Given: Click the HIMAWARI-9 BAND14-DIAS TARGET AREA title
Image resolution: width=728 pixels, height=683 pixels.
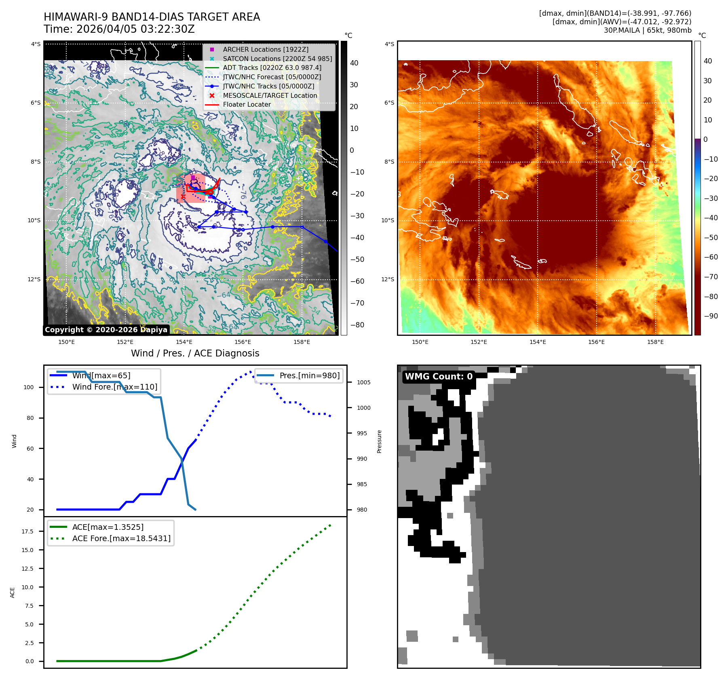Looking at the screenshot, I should (x=152, y=17).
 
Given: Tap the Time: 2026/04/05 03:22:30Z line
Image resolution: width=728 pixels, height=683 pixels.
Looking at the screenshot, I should (x=119, y=30).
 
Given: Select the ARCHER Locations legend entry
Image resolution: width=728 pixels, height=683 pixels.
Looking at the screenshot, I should (x=265, y=49).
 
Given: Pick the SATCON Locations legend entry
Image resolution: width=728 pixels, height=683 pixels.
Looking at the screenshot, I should (x=277, y=59).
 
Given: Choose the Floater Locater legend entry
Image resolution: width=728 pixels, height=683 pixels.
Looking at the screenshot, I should (x=247, y=104).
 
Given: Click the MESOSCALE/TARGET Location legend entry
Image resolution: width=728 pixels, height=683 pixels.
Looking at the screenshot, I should (x=270, y=95).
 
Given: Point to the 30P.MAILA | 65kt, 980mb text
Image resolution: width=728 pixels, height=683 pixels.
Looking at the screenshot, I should (x=647, y=30).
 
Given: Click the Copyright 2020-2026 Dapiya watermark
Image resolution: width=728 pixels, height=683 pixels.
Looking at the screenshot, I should (x=106, y=330).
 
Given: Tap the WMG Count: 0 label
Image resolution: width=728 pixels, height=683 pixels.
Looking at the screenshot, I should (x=439, y=377).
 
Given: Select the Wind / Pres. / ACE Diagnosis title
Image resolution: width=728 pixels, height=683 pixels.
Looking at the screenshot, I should (x=195, y=353).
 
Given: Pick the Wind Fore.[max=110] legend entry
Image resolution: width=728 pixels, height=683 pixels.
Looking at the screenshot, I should (x=114, y=387).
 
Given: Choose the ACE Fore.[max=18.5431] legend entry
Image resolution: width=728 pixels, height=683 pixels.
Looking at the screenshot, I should (x=121, y=538).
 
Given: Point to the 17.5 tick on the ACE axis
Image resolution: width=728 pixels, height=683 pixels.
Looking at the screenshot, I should (x=27, y=531).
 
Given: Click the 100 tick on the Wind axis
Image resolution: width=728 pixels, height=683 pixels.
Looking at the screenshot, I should (x=29, y=387).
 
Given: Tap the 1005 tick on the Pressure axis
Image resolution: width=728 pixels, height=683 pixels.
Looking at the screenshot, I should (x=363, y=382).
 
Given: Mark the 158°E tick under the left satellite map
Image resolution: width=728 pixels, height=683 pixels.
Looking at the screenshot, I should (x=302, y=342).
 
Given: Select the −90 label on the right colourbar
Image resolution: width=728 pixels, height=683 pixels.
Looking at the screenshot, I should (x=711, y=316).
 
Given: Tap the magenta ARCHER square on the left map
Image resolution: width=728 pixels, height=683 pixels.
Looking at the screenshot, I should (x=193, y=177).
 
